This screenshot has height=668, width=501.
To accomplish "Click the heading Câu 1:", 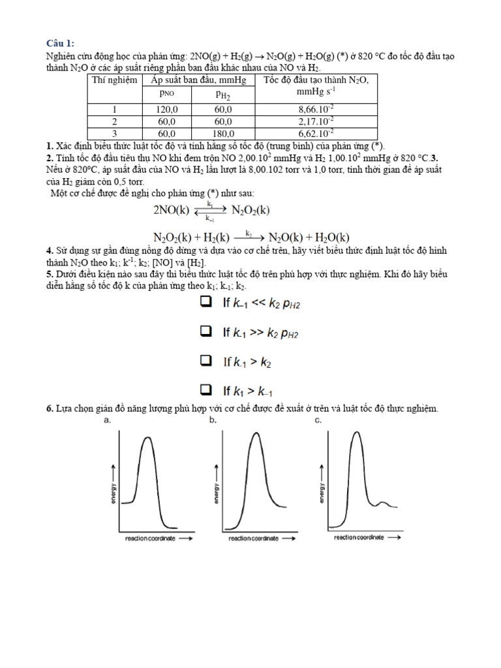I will point(61,43).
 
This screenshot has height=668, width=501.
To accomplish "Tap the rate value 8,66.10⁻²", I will point(316,109).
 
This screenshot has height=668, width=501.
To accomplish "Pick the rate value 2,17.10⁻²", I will point(316,121).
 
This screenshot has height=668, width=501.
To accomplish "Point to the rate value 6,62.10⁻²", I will point(316,133).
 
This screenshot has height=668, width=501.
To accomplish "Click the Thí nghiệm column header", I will point(115,80).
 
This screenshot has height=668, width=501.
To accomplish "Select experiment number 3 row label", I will point(115,133).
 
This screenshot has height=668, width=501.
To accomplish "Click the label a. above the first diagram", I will point(108,421).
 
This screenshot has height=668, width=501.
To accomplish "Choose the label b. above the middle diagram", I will point(213,421).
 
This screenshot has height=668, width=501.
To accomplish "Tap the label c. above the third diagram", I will point(318,421).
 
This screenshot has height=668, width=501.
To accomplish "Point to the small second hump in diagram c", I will point(382,502).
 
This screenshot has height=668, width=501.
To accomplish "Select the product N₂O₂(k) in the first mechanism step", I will point(250,210).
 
